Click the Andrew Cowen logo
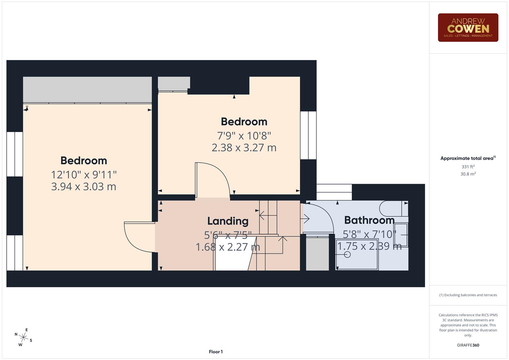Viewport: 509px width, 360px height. click(x=468, y=28)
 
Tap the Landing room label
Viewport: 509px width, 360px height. click(x=228, y=221)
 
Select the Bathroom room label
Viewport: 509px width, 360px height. click(x=369, y=220)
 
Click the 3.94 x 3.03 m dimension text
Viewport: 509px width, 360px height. click(x=84, y=187)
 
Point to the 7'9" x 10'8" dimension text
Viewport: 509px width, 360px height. click(x=244, y=136)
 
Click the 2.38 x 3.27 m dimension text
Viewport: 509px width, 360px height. click(x=244, y=148)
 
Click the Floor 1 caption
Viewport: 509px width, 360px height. click(x=216, y=352)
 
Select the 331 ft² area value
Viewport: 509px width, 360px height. click(x=468, y=167)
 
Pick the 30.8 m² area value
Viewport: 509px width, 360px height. click(x=468, y=174)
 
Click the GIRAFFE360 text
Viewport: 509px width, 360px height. click(x=468, y=345)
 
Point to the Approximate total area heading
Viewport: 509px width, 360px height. click(x=468, y=158)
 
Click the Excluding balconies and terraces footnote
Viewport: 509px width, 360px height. click(x=468, y=295)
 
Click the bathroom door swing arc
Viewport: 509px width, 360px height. click(x=320, y=217)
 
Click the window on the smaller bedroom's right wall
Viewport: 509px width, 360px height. click(x=308, y=135)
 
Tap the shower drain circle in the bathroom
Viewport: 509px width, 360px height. click(x=347, y=255)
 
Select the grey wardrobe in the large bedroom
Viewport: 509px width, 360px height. click(x=87, y=90)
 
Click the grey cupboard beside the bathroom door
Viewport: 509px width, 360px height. click(x=317, y=254)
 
